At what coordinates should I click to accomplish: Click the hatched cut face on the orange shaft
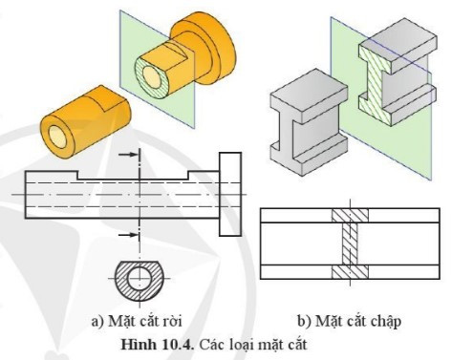pos(153,72)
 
